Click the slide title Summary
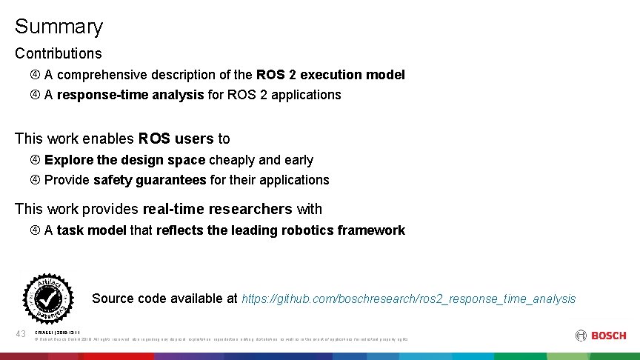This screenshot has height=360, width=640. [x=59, y=27]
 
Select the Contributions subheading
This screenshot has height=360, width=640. [x=59, y=53]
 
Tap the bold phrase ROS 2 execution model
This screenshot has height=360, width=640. [x=330, y=75]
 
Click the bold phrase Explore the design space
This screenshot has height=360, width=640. [x=124, y=160]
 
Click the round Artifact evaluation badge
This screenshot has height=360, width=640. [x=48, y=298]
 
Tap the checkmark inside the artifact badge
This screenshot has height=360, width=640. [x=48, y=298]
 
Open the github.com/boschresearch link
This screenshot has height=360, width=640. [x=408, y=299]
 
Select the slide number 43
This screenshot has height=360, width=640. [x=22, y=336]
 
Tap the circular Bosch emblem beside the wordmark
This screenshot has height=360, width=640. [x=581, y=336]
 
